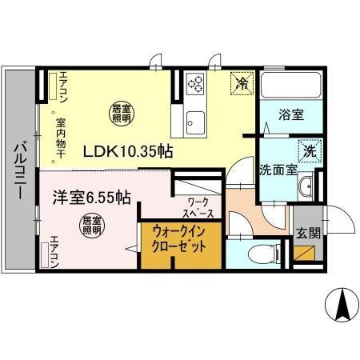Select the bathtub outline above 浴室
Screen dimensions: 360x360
(290, 86)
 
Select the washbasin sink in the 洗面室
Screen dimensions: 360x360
(305, 189)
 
